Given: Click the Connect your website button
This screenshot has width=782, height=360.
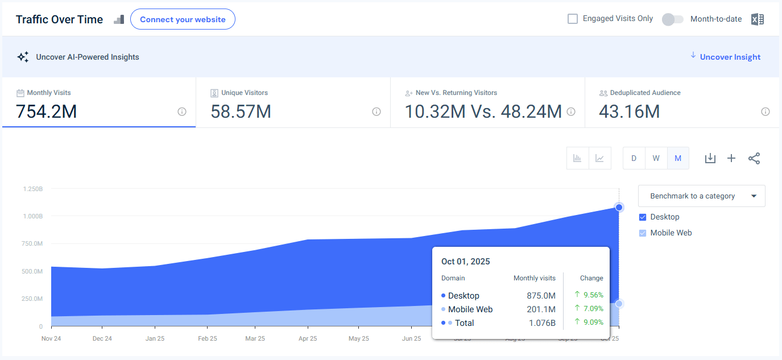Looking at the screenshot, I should tap(183, 19).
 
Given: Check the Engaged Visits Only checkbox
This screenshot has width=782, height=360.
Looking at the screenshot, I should tap(573, 19).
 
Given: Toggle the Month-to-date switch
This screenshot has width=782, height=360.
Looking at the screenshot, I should tap(672, 19).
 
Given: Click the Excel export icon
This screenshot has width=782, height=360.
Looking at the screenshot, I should tap(757, 19).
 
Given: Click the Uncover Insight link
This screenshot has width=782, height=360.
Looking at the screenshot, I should tap(730, 57).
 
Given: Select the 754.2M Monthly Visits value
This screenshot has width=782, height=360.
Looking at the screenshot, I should tap(46, 111).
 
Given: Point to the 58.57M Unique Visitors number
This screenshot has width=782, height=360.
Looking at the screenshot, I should tap(241, 111).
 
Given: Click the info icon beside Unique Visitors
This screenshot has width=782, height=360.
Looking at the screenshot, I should tap(376, 111).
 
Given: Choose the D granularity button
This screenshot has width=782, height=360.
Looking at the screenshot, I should tap(634, 158).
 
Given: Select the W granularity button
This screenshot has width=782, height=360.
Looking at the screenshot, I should tap(656, 158).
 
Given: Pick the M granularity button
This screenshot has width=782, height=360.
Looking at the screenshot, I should tap(678, 158).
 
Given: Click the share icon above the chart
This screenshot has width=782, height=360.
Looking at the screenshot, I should tap(754, 158).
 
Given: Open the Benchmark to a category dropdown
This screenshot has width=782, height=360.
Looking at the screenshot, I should tap(701, 196).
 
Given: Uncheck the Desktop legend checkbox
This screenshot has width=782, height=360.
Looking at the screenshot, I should tap(643, 217).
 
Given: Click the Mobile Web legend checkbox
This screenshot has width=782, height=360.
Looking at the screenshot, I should tap(643, 233).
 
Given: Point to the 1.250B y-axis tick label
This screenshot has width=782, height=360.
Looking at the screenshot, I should tap(32, 188).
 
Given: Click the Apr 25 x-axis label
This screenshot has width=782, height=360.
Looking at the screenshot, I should tap(308, 338).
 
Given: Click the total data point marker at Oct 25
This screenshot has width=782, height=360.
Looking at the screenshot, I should tap(619, 207).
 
